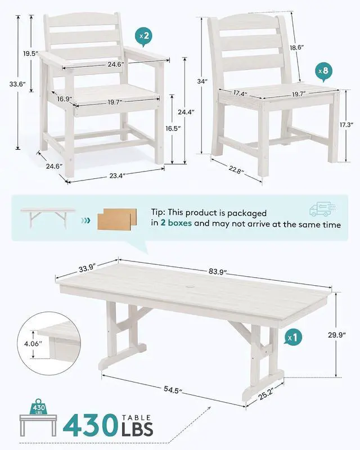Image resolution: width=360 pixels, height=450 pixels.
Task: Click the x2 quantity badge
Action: tap(144, 37)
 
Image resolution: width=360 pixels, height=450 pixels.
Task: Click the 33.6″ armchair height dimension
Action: tap(18, 84)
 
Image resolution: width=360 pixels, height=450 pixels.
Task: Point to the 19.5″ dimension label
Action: tap(31, 53)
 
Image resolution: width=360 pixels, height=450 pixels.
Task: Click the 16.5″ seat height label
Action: tap(173, 128)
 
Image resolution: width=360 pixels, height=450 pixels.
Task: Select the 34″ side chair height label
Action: tap(202, 82)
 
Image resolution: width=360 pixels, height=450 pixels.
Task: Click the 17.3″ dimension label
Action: tap(346, 125)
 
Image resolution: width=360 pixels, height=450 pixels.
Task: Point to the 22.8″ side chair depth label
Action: tap(237, 169)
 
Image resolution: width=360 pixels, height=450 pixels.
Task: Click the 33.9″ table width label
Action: tap(87, 268)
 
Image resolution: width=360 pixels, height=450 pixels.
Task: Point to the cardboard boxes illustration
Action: tap(117, 219)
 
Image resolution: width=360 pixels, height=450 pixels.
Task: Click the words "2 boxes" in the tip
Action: tap(176, 223)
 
